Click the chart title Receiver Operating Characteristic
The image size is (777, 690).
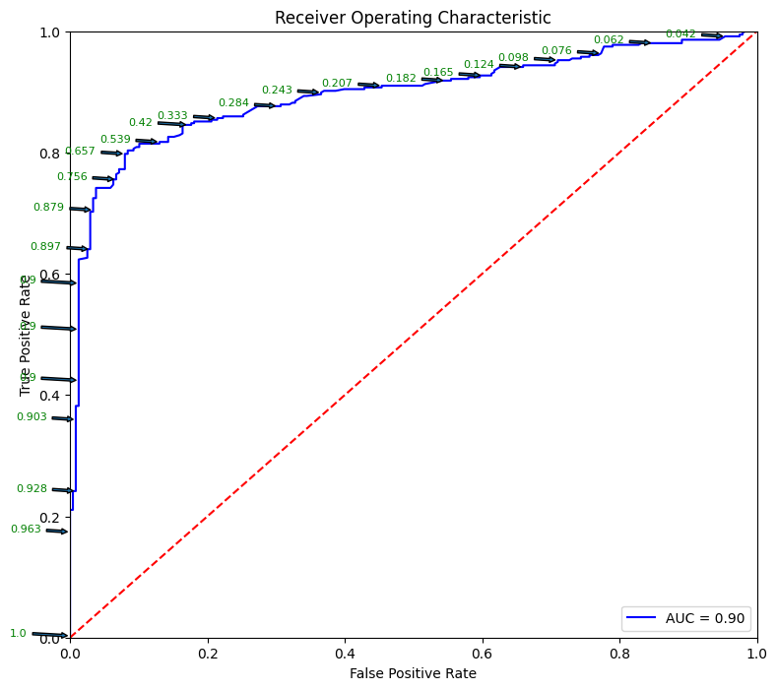tap(413, 18)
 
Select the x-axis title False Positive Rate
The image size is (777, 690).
tap(413, 674)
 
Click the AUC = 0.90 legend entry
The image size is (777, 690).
tap(685, 618)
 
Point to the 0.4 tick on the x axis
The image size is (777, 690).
tap(345, 652)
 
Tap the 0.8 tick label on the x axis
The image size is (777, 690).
tap(619, 652)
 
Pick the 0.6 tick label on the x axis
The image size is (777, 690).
tap(482, 652)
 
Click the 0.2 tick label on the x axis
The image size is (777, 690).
tap(207, 652)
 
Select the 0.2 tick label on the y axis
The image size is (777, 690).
tap(49, 518)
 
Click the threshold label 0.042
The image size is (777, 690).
tap(680, 34)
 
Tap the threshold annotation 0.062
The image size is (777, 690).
tap(609, 40)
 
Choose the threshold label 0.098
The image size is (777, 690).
tap(513, 58)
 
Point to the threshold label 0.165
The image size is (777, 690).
tap(438, 73)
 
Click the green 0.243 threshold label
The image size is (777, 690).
tap(277, 91)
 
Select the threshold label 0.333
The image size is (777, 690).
tap(172, 116)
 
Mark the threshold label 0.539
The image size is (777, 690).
tap(115, 140)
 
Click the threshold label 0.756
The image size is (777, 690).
tap(72, 177)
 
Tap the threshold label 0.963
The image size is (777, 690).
tap(26, 530)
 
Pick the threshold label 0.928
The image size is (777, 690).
tap(32, 489)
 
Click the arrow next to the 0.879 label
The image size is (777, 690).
tap(79, 209)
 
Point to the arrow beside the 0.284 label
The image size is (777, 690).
tap(264, 105)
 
